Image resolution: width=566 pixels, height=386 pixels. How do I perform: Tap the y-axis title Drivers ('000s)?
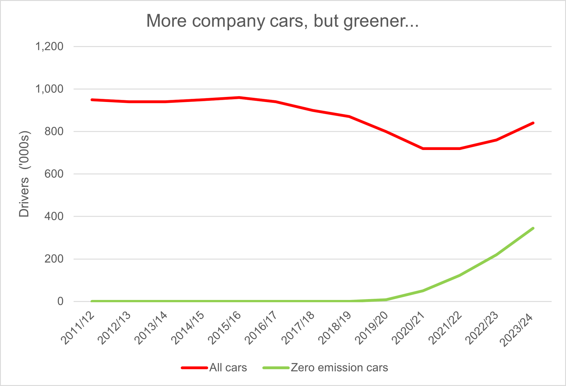tap(24, 174)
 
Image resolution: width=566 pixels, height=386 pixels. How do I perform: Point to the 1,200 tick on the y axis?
tap(49, 47)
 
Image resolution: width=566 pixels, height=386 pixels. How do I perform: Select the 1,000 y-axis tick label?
tap(49, 89)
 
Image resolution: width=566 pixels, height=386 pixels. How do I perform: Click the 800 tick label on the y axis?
tap(54, 131)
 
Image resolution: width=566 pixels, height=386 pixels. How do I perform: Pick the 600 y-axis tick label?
tap(54, 174)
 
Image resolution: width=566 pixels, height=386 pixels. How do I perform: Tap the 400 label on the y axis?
tap(54, 216)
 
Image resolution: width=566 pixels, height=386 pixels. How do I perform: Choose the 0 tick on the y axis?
tap(60, 301)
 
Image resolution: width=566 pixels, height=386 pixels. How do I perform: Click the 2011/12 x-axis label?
tap(78, 328)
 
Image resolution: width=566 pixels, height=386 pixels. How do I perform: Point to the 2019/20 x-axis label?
tap(372, 328)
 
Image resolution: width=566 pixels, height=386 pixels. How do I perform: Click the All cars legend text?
tap(228, 368)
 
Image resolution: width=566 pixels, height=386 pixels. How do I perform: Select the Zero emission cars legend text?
tap(339, 368)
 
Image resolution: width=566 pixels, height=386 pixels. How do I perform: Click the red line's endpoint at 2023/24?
tap(533, 123)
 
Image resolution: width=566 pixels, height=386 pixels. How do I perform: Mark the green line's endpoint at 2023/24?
tap(533, 228)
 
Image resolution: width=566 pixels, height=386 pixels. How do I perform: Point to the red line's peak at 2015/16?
tap(239, 98)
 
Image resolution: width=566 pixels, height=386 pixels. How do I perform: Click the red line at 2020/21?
tap(423, 149)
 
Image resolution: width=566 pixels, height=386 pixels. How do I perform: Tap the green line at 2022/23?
tap(496, 255)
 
